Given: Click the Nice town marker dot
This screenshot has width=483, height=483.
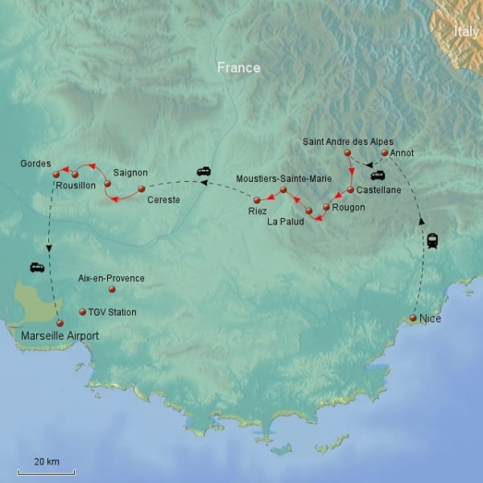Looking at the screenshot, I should (413, 319).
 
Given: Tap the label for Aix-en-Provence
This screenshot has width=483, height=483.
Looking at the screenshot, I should (111, 279).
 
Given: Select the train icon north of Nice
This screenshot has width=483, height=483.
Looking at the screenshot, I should (433, 240).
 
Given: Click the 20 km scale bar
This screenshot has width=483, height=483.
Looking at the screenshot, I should (46, 470).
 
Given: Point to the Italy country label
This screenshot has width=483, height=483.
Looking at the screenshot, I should (466, 31).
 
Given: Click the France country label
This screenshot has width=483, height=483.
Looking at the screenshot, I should (239, 68).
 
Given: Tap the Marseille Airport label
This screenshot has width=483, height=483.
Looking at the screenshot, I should (54, 336).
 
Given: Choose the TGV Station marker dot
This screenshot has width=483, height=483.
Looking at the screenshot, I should (81, 312).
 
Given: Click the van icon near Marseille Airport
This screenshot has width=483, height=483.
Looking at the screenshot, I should (37, 267).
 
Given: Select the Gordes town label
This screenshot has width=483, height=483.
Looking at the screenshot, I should (35, 164).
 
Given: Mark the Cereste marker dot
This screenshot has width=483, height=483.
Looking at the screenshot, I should (142, 189).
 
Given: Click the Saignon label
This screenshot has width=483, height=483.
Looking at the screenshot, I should (130, 172).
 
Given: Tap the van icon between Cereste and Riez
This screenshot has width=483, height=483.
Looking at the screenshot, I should (204, 171).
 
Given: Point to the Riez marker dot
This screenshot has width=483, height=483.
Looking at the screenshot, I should (257, 200).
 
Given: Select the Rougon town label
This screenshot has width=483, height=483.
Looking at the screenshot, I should (348, 208).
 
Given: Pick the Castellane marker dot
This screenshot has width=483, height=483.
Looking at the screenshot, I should (351, 190).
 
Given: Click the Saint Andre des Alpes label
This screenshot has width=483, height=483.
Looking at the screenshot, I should (348, 142).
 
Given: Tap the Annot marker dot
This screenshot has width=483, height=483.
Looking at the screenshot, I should (385, 153).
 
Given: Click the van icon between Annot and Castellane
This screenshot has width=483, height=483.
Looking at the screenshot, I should (377, 175).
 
